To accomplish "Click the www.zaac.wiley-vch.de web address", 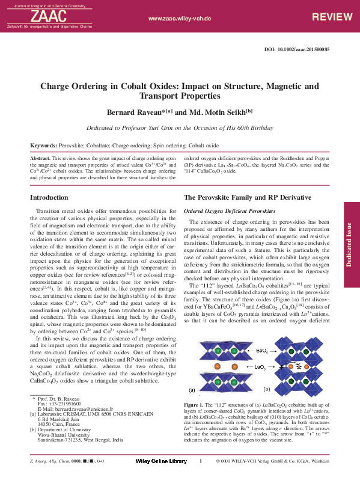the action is [179, 19].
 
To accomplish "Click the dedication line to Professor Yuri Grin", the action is [180, 128].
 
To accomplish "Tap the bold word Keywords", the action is [43, 146].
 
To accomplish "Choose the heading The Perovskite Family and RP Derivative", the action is [247, 197].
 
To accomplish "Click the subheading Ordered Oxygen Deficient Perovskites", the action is [230, 211].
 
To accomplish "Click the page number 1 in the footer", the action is [200, 461].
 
